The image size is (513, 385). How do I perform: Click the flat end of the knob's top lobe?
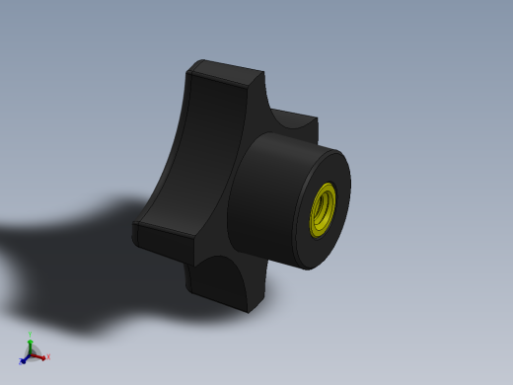[225, 72]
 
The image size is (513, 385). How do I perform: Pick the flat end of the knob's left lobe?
[158, 236]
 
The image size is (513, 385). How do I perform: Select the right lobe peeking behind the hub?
[301, 128]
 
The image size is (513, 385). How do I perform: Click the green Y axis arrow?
[31, 342]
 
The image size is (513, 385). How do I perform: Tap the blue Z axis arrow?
[25, 358]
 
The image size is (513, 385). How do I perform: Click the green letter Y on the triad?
[31, 335]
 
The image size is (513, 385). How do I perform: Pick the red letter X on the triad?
[46, 357]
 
